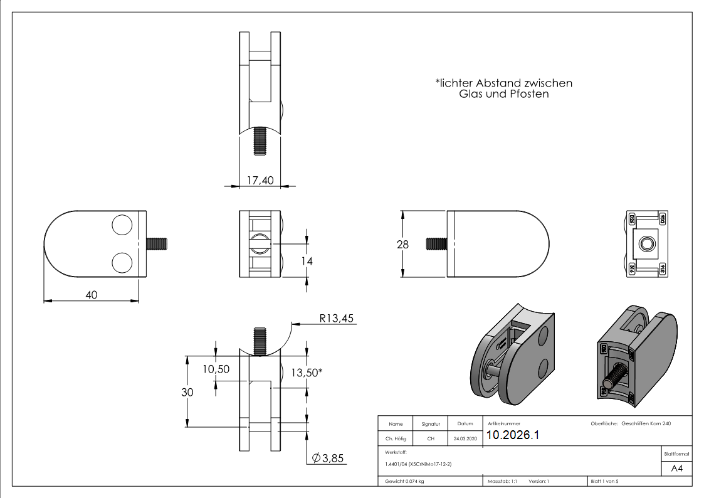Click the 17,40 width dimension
click(x=260, y=181)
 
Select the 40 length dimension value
click(x=92, y=295)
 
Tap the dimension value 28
click(x=402, y=245)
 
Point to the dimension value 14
click(x=307, y=261)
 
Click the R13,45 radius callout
click(x=337, y=319)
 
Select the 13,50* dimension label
click(x=307, y=373)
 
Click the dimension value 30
click(x=187, y=392)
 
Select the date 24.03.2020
click(x=465, y=439)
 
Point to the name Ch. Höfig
click(x=396, y=439)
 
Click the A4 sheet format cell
click(x=677, y=469)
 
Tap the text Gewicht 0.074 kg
click(x=404, y=482)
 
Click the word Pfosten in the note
click(x=528, y=94)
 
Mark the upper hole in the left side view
click(x=122, y=225)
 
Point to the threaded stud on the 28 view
click(x=436, y=243)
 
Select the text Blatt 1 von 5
click(x=604, y=482)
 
